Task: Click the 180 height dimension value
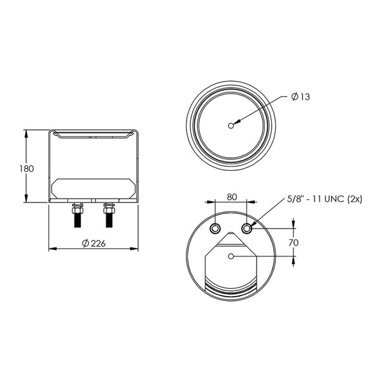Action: coord(27,169)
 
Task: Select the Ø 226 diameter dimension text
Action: coord(94,243)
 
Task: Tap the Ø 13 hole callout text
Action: coord(301,97)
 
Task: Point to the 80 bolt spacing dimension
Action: coord(232,197)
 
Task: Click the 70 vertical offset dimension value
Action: coord(294,243)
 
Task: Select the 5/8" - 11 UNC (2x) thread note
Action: coord(325,199)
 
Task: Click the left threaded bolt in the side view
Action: coord(78,215)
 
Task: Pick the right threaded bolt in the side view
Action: coord(109,215)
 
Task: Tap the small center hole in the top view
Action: coord(231,125)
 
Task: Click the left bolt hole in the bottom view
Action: coord(215,229)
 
